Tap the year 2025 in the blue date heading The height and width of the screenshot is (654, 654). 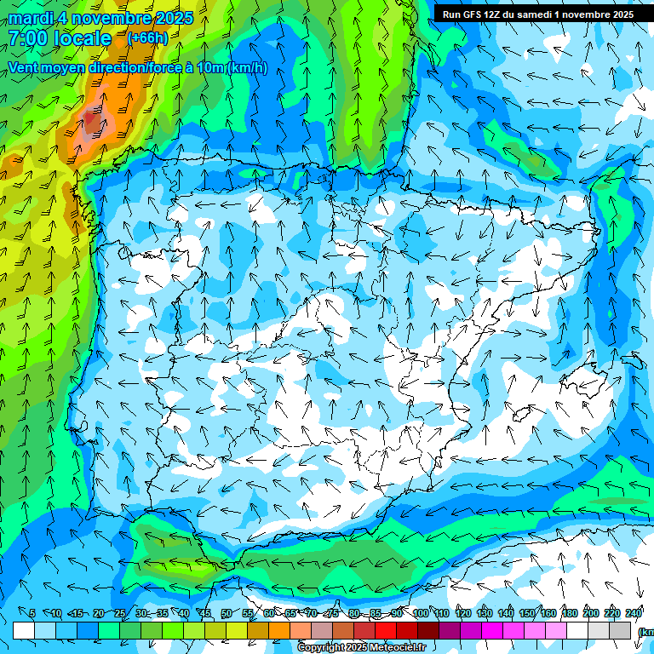tap(170, 18)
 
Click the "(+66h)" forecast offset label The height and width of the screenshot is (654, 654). tap(147, 38)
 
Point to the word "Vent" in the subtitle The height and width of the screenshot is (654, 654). tap(25, 67)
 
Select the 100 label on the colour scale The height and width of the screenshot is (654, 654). tap(421, 613)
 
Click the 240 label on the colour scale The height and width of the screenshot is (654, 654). tap(634, 613)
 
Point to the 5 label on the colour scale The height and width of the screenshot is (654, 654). tap(32, 613)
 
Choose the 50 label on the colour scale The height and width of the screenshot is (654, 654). tap(227, 613)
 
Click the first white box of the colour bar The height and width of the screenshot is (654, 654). tap(24, 630)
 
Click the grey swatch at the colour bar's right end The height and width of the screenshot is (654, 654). tap(620, 630)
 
